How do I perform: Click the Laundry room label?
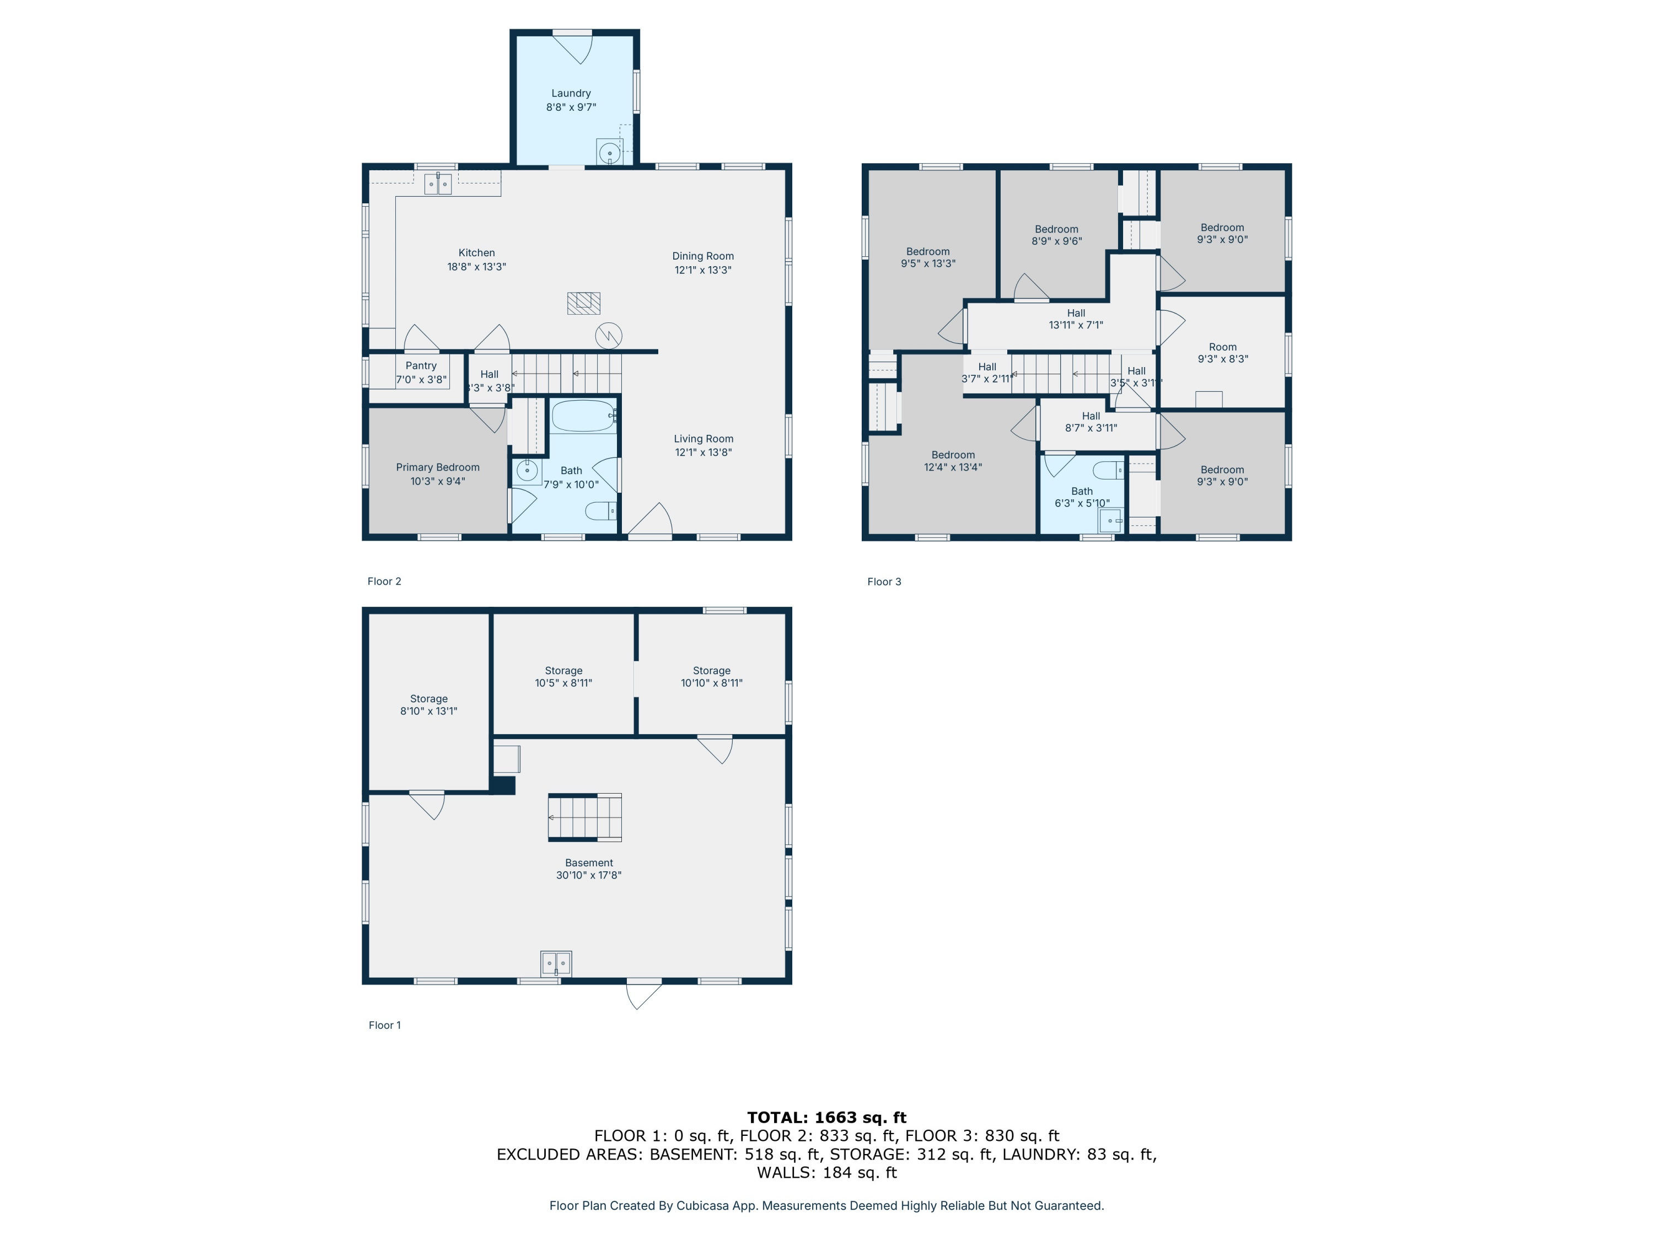[571, 94]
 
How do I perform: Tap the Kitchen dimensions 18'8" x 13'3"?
[477, 267]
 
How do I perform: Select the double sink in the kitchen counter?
[438, 183]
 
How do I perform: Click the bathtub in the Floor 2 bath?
[584, 416]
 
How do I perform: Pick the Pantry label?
[421, 365]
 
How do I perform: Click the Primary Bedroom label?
[438, 467]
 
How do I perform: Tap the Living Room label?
[704, 439]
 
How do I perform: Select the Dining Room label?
[703, 256]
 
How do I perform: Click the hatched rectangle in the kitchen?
[584, 303]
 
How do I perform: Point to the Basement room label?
[589, 862]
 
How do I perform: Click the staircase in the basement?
[585, 817]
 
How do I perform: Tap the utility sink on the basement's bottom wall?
[556, 963]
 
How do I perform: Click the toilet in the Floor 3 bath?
[1108, 470]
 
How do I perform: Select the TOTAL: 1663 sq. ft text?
[827, 1118]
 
